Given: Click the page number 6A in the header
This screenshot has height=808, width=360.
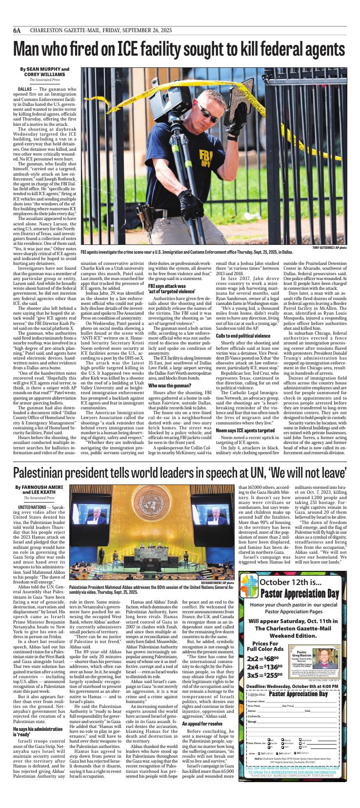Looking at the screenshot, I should click(17, 30).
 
